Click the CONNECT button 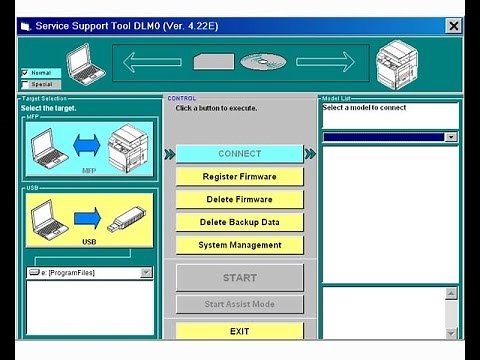point(239,154)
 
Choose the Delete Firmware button point(239,199)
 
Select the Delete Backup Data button point(239,222)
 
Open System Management point(239,245)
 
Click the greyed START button point(239,278)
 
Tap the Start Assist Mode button point(239,304)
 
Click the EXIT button point(239,331)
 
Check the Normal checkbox point(26,73)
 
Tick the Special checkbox point(26,84)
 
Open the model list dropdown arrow point(451,137)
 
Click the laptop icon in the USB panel point(46,217)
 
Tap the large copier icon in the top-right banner point(397,64)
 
